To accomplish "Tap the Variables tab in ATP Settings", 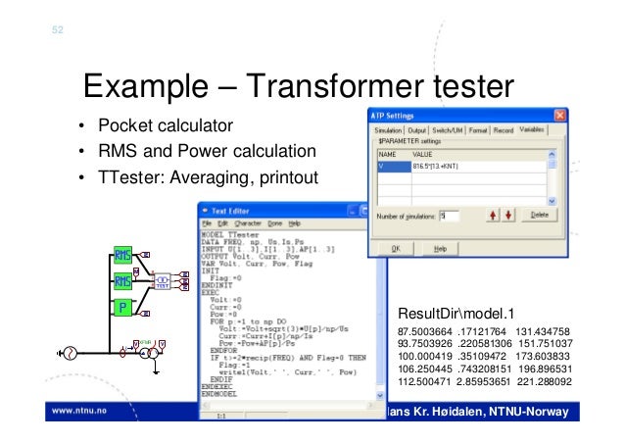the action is tap(533, 129).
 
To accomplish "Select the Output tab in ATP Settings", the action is tap(419, 129).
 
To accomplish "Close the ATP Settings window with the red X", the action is tap(559, 115).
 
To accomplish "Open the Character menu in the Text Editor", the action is tap(239, 223).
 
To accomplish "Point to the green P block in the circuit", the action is tap(123, 310).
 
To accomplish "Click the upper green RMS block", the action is tap(123, 257).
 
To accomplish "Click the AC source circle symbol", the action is tap(70, 354).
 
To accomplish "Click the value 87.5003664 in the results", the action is tap(424, 331).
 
